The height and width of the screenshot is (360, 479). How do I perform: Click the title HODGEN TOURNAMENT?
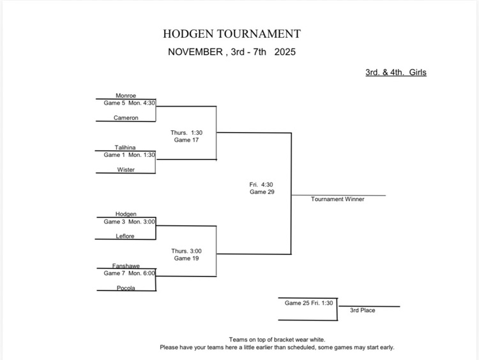pyautogui.click(x=231, y=34)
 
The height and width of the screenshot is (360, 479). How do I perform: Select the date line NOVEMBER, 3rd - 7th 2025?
pyautogui.click(x=231, y=52)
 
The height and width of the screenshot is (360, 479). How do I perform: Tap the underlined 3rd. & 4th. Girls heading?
pyautogui.click(x=395, y=72)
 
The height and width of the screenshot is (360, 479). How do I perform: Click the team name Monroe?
pyautogui.click(x=126, y=96)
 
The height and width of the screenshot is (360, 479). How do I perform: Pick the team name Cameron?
pyautogui.click(x=126, y=118)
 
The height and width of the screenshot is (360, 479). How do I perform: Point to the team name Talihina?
pyautogui.click(x=125, y=147)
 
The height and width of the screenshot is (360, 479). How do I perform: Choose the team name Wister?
pyautogui.click(x=126, y=170)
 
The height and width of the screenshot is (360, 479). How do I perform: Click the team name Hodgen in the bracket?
pyautogui.click(x=126, y=214)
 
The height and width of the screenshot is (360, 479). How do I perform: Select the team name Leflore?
pyautogui.click(x=125, y=236)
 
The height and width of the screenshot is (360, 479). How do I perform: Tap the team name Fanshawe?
pyautogui.click(x=126, y=266)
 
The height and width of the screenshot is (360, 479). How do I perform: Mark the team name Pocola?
pyautogui.click(x=126, y=288)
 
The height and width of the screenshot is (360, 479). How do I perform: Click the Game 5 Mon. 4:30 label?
pyautogui.click(x=130, y=103)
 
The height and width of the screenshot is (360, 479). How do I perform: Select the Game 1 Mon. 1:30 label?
pyautogui.click(x=130, y=154)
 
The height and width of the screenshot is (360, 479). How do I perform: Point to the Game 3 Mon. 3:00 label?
pyautogui.click(x=130, y=221)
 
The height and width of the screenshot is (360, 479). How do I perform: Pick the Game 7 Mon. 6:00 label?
pyautogui.click(x=130, y=273)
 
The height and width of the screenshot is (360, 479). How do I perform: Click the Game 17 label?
pyautogui.click(x=186, y=140)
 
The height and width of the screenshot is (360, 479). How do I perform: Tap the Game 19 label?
pyautogui.click(x=186, y=259)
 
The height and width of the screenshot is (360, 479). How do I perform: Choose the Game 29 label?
pyautogui.click(x=262, y=191)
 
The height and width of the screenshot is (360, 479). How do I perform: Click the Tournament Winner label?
pyautogui.click(x=338, y=199)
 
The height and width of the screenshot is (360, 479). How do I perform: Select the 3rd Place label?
pyautogui.click(x=363, y=310)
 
